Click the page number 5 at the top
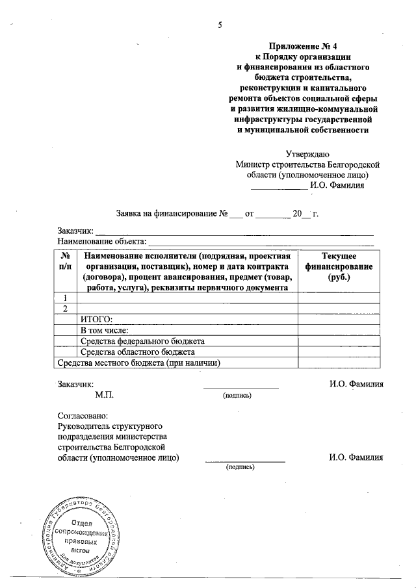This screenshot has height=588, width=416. [220, 25]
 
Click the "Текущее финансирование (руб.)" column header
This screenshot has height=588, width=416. [335, 267]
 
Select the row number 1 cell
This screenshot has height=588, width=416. [66, 298]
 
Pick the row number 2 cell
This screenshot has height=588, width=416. [66, 308]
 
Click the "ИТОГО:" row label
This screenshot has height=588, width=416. [96, 319]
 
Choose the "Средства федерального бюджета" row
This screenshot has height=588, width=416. [142, 341]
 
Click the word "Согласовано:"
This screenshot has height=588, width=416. [83, 415]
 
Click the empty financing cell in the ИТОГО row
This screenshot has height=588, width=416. [335, 319]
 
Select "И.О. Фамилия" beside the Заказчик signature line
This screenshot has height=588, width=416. [356, 384]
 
